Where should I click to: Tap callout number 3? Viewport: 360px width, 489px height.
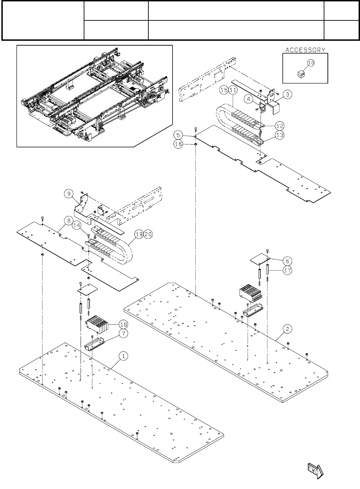(287, 94)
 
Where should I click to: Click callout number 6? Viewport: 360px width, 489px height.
(288, 261)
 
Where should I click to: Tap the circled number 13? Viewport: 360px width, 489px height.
(279, 135)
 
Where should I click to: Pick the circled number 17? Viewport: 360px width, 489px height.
(288, 271)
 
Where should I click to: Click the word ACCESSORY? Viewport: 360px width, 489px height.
(305, 50)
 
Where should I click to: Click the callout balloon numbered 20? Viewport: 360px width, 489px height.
(149, 234)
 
